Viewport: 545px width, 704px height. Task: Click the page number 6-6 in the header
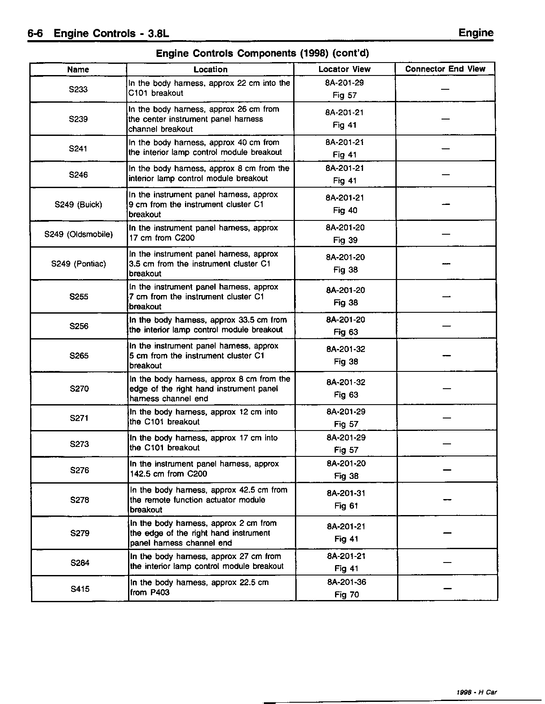(x=35, y=34)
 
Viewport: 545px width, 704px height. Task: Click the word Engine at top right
(x=476, y=33)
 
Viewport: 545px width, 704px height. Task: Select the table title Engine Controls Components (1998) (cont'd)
(x=262, y=53)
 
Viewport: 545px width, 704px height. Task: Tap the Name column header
(x=78, y=69)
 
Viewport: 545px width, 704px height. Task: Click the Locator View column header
(x=344, y=69)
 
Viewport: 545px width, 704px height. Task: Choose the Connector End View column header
(x=445, y=69)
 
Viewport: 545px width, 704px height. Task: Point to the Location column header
(x=210, y=69)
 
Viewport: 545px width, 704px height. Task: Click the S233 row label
(x=78, y=89)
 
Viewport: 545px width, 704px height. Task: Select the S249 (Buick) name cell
(x=78, y=204)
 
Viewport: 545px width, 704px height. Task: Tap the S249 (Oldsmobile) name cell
(x=78, y=234)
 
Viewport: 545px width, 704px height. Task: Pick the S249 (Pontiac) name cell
(x=78, y=264)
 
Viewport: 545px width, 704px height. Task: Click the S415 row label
(x=80, y=589)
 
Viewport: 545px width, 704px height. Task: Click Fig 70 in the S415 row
(x=347, y=595)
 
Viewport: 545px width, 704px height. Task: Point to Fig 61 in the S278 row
(x=346, y=506)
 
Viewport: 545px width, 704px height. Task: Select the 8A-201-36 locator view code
(x=347, y=582)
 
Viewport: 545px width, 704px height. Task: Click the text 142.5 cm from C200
(x=168, y=474)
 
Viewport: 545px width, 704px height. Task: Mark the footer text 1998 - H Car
(x=476, y=692)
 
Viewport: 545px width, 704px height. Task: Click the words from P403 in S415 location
(x=150, y=592)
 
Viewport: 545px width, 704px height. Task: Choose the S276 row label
(x=79, y=470)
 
